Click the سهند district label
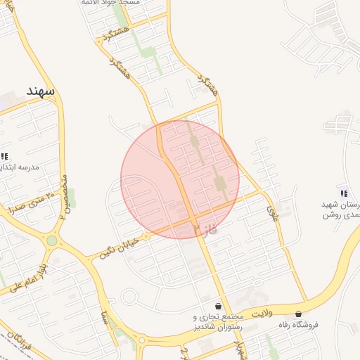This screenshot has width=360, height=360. pos(40,91)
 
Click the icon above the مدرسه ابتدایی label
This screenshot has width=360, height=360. pos(4,156)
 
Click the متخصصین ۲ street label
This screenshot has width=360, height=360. pos(63,196)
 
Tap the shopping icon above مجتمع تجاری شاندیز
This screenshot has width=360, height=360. pos(219,307)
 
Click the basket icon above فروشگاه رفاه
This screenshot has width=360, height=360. pos(299,314)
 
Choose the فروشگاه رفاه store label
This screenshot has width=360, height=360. pos(300,325)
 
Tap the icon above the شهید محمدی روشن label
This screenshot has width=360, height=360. pos(343,193)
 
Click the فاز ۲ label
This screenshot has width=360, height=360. pos(205,229)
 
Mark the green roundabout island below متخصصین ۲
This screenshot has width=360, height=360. pos(51,241)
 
